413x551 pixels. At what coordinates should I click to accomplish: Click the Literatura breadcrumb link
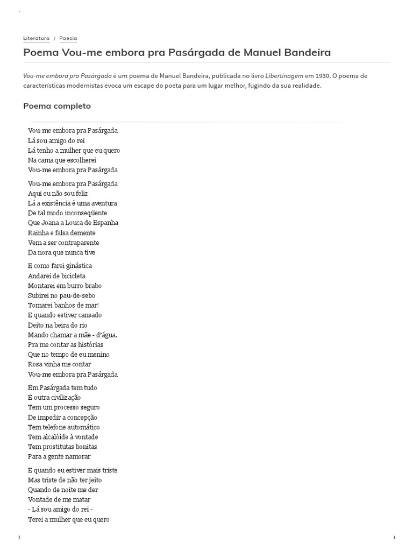point(36,38)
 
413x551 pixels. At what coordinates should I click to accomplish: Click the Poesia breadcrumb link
point(68,38)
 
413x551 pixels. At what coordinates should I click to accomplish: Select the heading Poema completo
point(57,106)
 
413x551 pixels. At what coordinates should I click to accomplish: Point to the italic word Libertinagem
point(284,76)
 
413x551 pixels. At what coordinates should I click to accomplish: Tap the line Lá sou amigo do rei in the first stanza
point(56,140)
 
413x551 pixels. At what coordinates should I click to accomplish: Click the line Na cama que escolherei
point(62,160)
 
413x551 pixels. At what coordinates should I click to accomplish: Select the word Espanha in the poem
point(106,223)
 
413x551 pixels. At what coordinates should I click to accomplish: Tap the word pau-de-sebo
point(81,295)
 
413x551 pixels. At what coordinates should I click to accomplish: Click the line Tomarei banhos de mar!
point(63,305)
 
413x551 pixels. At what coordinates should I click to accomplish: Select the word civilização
point(63,398)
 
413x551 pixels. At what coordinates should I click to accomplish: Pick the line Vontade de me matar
point(59,499)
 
